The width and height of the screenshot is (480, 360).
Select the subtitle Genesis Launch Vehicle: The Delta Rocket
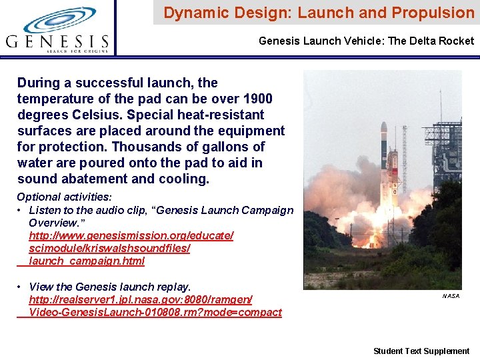pos(366,41)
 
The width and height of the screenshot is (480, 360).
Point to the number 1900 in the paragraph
pos(257,99)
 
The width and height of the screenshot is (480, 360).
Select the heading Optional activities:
pos(64,197)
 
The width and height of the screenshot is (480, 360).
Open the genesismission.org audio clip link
pos(131,248)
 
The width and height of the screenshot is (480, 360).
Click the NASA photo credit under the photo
pos(451,295)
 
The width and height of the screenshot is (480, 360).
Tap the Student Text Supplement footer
pos(421,351)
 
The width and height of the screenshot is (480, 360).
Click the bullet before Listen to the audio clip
pos(21,210)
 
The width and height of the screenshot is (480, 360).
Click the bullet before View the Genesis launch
pos(21,287)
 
